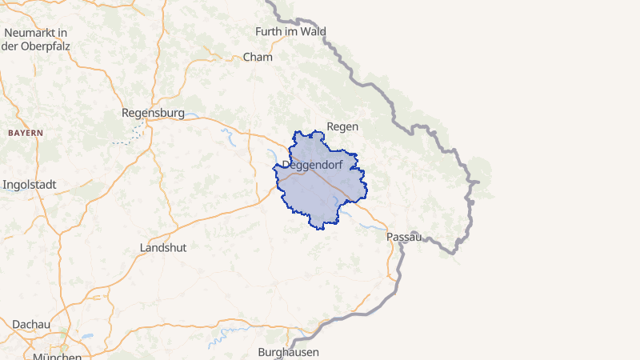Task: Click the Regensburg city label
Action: [153, 113]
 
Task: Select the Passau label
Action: [404, 238]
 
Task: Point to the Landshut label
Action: [163, 247]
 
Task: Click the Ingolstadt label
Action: [30, 184]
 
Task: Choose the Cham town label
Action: [258, 58]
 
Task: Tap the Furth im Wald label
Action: [290, 32]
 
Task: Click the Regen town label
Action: [342, 126]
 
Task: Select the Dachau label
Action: [31, 324]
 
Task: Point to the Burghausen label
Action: [289, 352]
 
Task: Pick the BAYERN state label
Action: [26, 132]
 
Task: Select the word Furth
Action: [267, 32]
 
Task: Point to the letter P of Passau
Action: [390, 238]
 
